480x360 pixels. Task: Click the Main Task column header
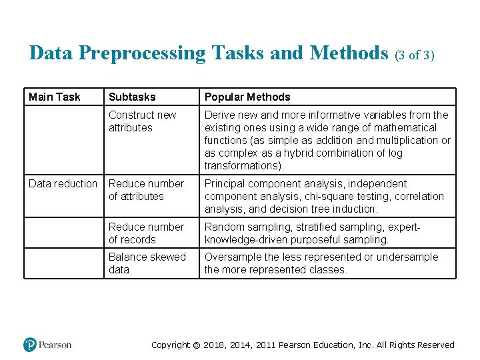point(54,97)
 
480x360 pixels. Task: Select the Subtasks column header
point(132,97)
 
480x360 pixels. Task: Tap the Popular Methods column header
point(247,97)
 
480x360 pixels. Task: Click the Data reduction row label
point(63,184)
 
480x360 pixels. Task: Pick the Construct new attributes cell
point(142,121)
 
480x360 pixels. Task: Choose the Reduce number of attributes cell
point(146,190)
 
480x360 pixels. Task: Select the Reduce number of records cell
point(146,233)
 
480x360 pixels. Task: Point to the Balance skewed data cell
point(147,263)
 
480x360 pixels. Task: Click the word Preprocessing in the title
point(142,53)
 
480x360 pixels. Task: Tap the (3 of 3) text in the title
point(415,55)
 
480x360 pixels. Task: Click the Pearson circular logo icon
point(30,345)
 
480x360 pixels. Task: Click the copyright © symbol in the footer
point(196,345)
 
